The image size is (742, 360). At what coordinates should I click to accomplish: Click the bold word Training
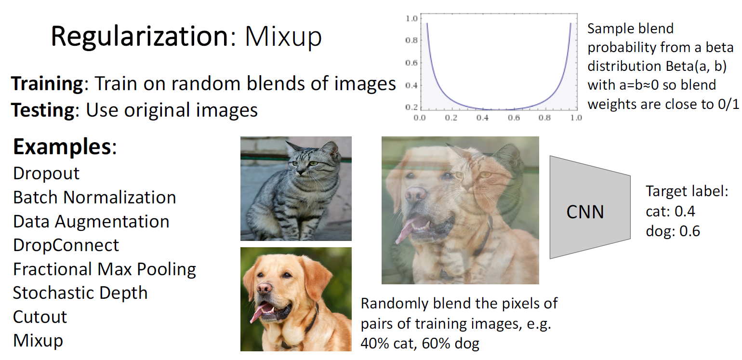pyautogui.click(x=47, y=83)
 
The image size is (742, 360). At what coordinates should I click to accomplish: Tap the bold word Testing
pyautogui.click(x=43, y=110)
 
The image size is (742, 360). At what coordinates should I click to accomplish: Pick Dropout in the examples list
pyautogui.click(x=46, y=173)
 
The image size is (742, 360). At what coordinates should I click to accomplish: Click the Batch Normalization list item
pyautogui.click(x=94, y=198)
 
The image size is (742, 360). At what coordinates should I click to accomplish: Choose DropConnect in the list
pyautogui.click(x=66, y=245)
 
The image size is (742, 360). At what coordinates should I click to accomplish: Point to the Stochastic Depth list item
pyautogui.click(x=80, y=293)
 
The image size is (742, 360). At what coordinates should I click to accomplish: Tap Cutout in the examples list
pyautogui.click(x=40, y=317)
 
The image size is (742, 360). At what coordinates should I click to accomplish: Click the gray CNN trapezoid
pyautogui.click(x=590, y=207)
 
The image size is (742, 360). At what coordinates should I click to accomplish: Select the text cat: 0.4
pyautogui.click(x=670, y=211)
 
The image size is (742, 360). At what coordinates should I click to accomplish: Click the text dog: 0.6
pyautogui.click(x=673, y=231)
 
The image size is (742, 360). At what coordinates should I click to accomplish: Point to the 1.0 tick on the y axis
pyautogui.click(x=411, y=18)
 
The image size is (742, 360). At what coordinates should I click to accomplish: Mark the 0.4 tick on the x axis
pyautogui.click(x=482, y=118)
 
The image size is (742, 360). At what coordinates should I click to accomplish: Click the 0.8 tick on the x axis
pyautogui.click(x=545, y=118)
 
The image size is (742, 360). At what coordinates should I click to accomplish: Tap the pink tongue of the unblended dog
pyautogui.click(x=260, y=312)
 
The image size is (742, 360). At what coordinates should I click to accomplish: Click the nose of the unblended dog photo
pyautogui.click(x=264, y=289)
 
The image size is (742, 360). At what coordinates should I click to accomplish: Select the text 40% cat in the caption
pyautogui.click(x=387, y=344)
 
